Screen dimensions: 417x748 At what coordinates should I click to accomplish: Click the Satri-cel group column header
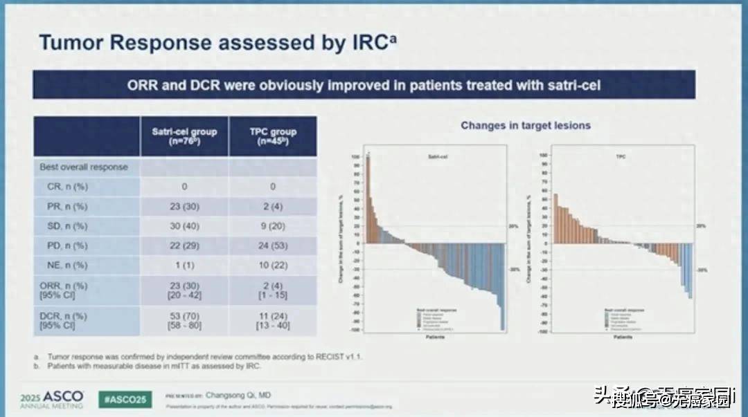click(184, 136)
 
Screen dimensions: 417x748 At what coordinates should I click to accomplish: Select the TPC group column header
click(273, 136)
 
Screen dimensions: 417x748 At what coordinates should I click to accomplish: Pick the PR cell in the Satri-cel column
click(184, 206)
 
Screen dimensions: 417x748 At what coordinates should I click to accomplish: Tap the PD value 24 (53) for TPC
click(273, 245)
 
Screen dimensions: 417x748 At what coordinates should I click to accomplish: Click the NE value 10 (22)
click(273, 265)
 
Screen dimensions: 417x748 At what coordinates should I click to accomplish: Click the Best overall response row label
click(84, 167)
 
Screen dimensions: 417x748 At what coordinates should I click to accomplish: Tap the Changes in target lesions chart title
click(526, 125)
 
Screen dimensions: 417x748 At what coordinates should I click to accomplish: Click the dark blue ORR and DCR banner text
click(364, 86)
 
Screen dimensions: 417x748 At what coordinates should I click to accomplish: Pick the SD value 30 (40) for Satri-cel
click(184, 226)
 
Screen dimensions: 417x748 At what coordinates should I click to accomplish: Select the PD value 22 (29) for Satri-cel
click(184, 245)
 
